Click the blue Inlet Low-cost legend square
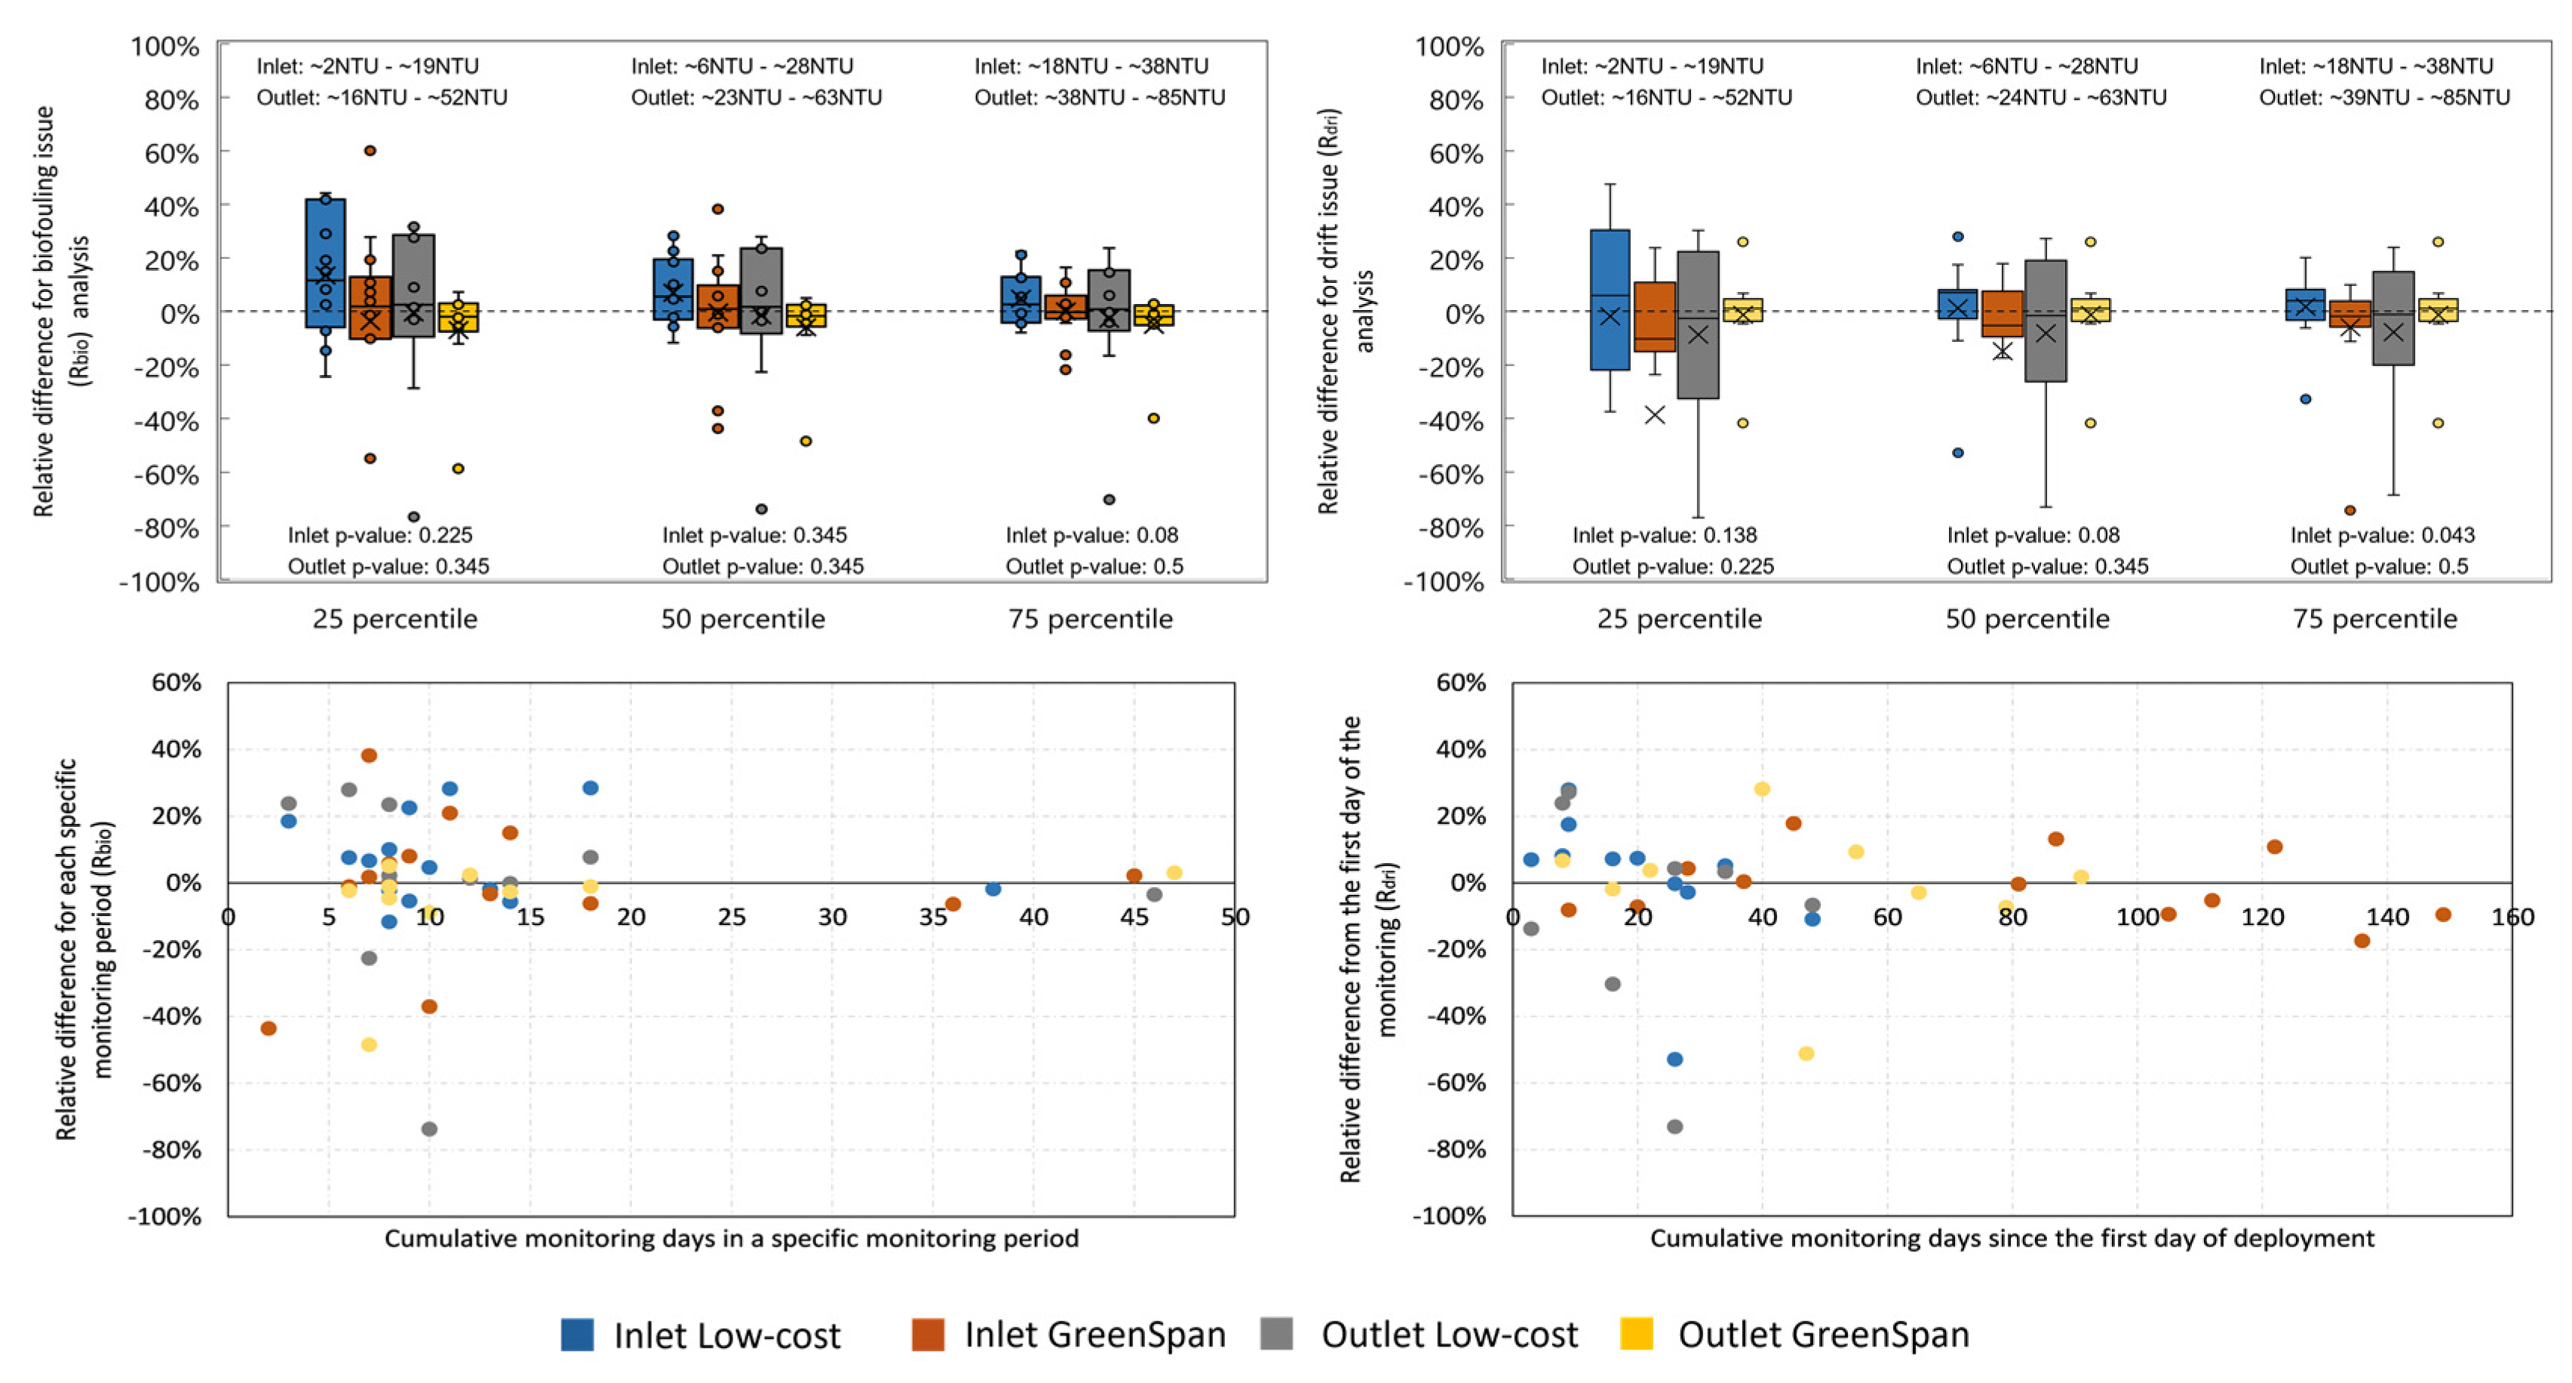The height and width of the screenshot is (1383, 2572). pyautogui.click(x=577, y=1334)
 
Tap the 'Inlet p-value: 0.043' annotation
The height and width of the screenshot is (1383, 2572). pyautogui.click(x=2382, y=535)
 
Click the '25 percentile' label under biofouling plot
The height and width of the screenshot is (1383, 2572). pyautogui.click(x=394, y=619)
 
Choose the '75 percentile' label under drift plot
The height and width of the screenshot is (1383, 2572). pyautogui.click(x=2374, y=619)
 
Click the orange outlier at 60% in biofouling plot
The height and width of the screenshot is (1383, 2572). pyautogui.click(x=370, y=151)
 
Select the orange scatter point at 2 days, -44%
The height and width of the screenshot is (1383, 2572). pyautogui.click(x=269, y=1028)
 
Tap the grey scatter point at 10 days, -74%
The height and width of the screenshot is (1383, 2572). pyautogui.click(x=429, y=1129)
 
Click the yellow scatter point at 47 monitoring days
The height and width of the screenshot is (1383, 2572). pyautogui.click(x=1174, y=873)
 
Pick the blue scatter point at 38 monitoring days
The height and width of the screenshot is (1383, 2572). pyautogui.click(x=993, y=889)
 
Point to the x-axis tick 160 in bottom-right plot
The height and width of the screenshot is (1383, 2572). pyautogui.click(x=2512, y=917)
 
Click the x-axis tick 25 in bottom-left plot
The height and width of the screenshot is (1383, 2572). pyautogui.click(x=731, y=917)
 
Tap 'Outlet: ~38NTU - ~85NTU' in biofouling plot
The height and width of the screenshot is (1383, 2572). pyautogui.click(x=1099, y=97)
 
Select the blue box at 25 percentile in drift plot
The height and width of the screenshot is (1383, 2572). pyautogui.click(x=1610, y=300)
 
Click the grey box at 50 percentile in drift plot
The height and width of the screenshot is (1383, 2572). pyautogui.click(x=2045, y=321)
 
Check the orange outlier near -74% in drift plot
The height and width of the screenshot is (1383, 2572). pyautogui.click(x=2349, y=510)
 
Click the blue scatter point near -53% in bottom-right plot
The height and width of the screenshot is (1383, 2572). pyautogui.click(x=1674, y=1059)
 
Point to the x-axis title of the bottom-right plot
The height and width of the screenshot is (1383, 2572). pyautogui.click(x=2011, y=1238)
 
